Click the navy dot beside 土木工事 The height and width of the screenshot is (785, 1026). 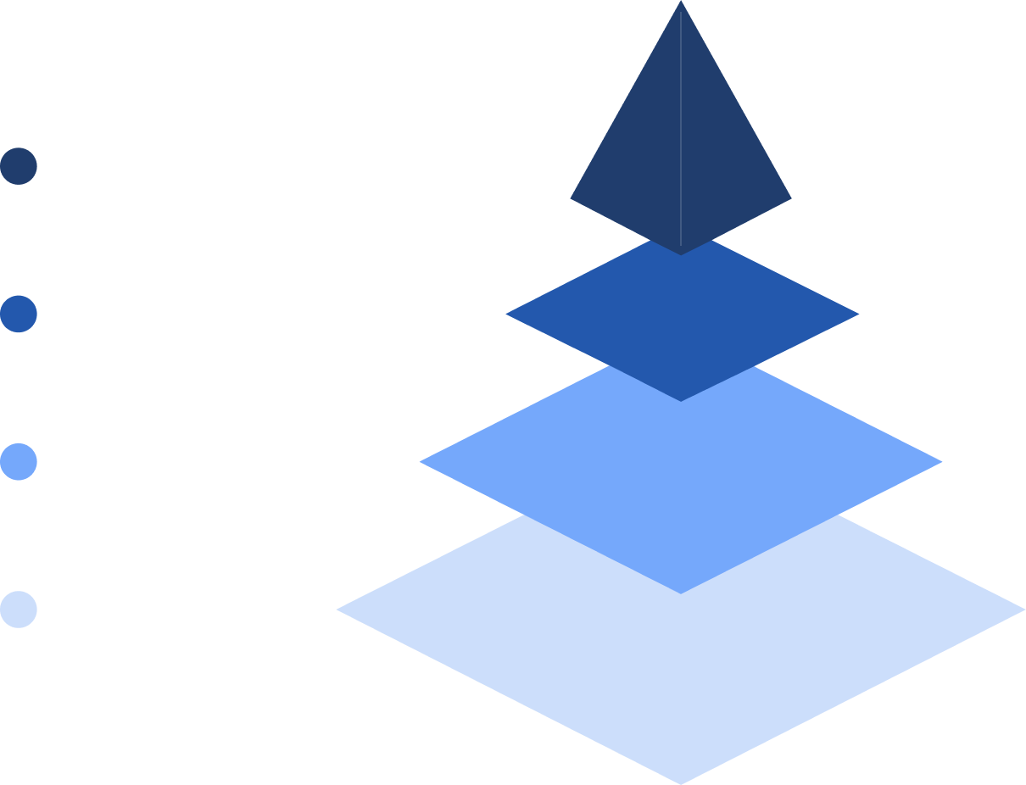19,166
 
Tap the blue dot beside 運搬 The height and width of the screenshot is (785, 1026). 19,314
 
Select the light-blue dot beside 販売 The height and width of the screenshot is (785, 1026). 19,462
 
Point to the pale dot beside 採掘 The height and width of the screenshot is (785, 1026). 19,610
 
